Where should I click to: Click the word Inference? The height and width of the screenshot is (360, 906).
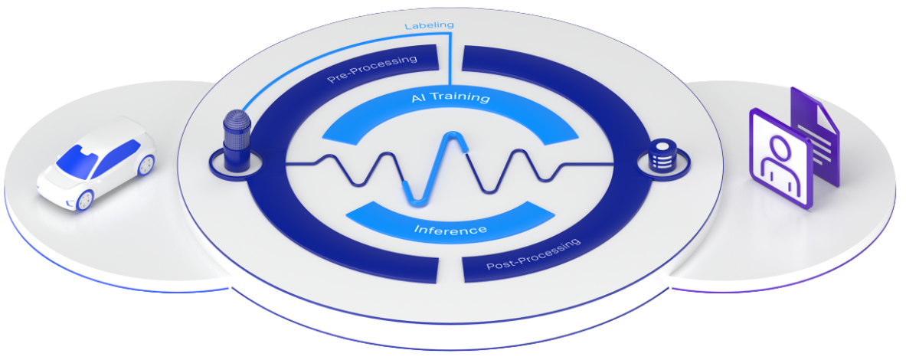[x=450, y=230]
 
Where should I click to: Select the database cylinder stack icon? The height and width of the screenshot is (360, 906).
[x=659, y=155]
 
